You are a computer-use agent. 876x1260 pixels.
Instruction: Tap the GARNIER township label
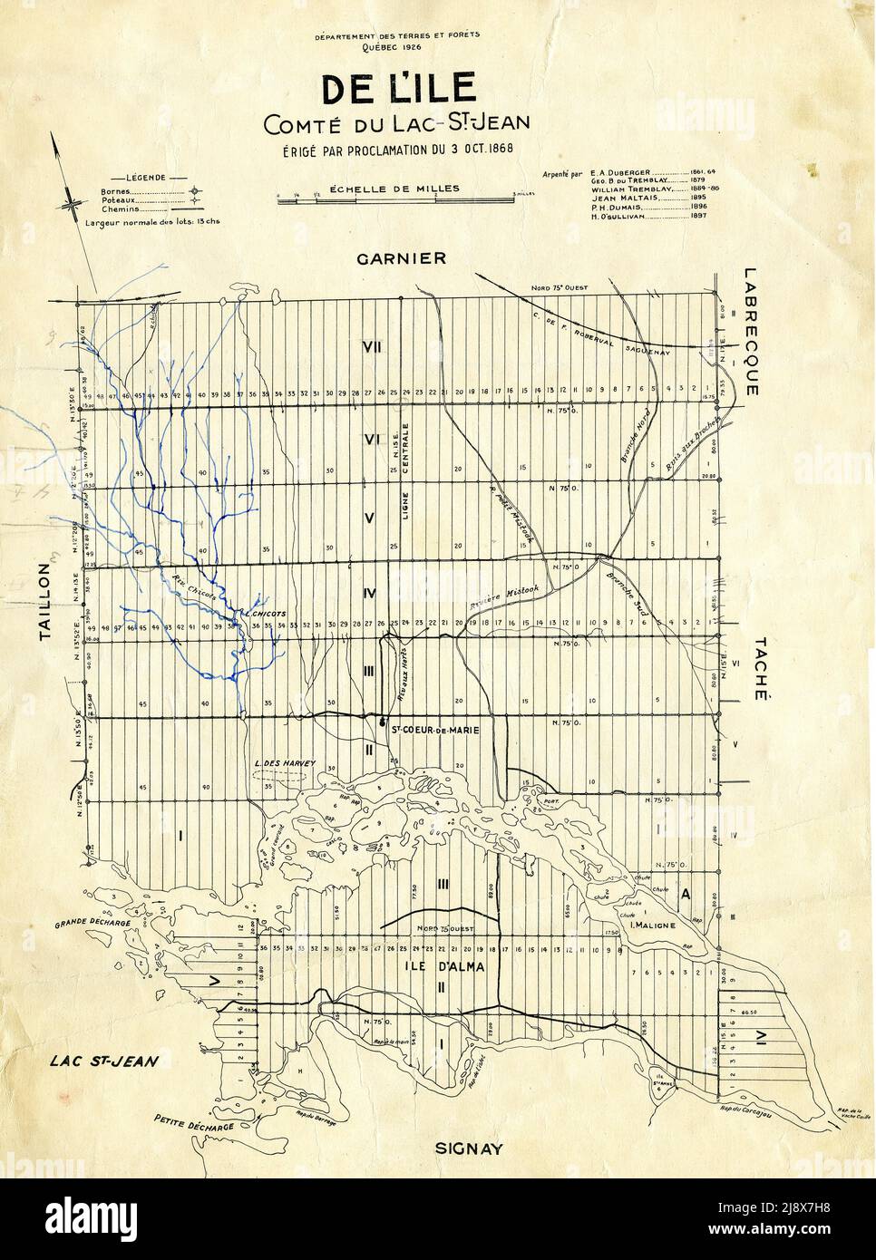(x=402, y=258)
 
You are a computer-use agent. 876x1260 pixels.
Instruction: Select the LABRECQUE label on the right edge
(x=749, y=331)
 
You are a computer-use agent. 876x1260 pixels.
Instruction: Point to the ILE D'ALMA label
(x=445, y=967)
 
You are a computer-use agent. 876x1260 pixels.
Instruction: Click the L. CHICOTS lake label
(x=265, y=614)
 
